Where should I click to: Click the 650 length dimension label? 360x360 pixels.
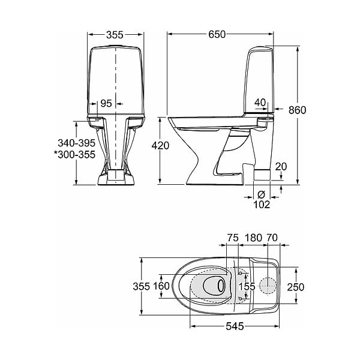pyautogui.click(x=217, y=34)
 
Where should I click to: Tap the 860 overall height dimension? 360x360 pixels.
pyautogui.click(x=298, y=110)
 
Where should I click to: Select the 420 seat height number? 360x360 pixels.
pyautogui.click(x=160, y=146)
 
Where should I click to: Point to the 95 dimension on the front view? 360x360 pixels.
pyautogui.click(x=106, y=104)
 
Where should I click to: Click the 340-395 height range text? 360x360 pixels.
pyautogui.click(x=76, y=143)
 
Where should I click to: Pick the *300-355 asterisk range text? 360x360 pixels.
pyautogui.click(x=74, y=155)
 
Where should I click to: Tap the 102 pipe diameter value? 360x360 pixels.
pyautogui.click(x=262, y=205)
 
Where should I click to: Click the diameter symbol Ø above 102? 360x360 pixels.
pyautogui.click(x=261, y=194)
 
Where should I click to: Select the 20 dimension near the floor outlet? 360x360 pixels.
pyautogui.click(x=281, y=166)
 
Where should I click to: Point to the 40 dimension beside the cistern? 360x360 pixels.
pyautogui.click(x=260, y=103)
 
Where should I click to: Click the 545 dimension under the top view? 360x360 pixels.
pyautogui.click(x=235, y=326)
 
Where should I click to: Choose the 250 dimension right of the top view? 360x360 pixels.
pyautogui.click(x=296, y=287)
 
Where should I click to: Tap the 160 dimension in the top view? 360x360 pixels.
pyautogui.click(x=161, y=286)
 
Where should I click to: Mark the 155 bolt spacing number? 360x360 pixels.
pyautogui.click(x=247, y=286)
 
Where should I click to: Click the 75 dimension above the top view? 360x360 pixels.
pyautogui.click(x=233, y=238)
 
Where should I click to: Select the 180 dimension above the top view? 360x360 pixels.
pyautogui.click(x=253, y=238)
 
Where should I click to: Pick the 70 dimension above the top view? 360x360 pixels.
pyautogui.click(x=272, y=238)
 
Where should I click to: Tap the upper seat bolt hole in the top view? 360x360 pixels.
pyautogui.click(x=241, y=273)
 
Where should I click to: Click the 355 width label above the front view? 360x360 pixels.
pyautogui.click(x=115, y=35)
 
